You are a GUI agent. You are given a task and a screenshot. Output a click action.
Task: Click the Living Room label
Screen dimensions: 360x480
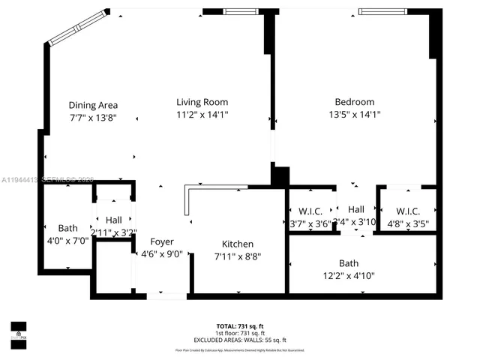coord(202,102)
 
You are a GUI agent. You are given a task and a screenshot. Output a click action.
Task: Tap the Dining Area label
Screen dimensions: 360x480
coord(93,105)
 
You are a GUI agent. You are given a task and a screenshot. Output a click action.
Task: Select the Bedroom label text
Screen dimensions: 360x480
coord(354,102)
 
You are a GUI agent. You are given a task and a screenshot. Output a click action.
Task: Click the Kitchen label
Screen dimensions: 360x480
coord(237,244)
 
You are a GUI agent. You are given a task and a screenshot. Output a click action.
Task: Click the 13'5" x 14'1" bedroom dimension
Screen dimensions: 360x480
coord(354,115)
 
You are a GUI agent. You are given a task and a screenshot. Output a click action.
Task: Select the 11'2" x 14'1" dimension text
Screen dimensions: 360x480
coord(202,115)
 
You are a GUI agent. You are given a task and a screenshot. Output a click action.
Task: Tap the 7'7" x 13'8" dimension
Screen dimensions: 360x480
coord(93,118)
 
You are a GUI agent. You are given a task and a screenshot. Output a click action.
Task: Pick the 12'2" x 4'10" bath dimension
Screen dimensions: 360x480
coord(349,275)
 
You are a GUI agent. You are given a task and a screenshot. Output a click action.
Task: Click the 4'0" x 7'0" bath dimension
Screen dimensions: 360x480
coord(67,241)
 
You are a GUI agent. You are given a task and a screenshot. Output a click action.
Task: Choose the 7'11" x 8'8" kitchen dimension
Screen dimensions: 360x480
coord(237,256)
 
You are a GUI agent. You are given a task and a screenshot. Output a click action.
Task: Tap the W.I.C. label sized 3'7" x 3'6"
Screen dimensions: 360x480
coord(310,211)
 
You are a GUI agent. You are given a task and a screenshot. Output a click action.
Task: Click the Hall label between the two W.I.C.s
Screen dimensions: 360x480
coord(356,209)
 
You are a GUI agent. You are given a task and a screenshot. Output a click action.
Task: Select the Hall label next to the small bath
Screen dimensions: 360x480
coord(113,220)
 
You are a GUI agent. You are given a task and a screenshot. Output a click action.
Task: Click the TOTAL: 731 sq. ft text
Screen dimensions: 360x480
coord(239,326)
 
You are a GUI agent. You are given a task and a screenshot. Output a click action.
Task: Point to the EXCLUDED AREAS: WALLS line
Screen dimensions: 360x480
coord(239,340)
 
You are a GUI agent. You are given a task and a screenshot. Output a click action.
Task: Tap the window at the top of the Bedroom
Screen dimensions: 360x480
coord(383,11)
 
